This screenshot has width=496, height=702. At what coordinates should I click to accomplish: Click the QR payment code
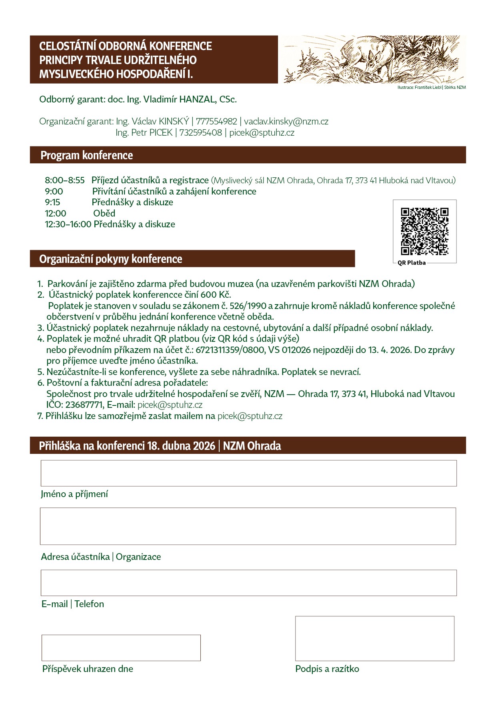pyautogui.click(x=424, y=231)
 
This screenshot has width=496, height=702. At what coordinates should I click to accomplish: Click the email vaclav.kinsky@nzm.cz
pyautogui.click(x=286, y=121)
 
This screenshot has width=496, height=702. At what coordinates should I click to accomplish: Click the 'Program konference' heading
pyautogui.click(x=87, y=155)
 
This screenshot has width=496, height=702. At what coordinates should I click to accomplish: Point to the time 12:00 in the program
pyautogui.click(x=56, y=213)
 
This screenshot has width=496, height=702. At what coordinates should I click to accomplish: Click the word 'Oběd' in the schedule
pyautogui.click(x=104, y=213)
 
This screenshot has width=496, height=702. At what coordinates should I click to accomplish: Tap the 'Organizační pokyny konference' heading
pyautogui.click(x=110, y=259)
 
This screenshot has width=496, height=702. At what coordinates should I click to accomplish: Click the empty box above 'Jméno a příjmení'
pyautogui.click(x=248, y=473)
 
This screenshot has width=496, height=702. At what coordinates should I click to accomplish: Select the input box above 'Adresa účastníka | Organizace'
pyautogui.click(x=248, y=526)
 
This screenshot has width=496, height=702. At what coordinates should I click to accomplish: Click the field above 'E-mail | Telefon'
pyautogui.click(x=248, y=583)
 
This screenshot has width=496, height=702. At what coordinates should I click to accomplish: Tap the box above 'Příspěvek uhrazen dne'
pyautogui.click(x=121, y=648)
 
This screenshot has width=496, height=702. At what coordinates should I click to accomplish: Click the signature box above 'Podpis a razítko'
pyautogui.click(x=374, y=638)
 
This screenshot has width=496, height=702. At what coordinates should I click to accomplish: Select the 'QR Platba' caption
pyautogui.click(x=412, y=263)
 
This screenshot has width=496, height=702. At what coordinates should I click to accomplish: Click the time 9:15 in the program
pyautogui.click(x=52, y=202)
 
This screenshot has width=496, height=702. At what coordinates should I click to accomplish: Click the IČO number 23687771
pyautogui.click(x=84, y=405)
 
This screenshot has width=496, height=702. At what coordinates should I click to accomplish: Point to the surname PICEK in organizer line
pyautogui.click(x=161, y=132)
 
